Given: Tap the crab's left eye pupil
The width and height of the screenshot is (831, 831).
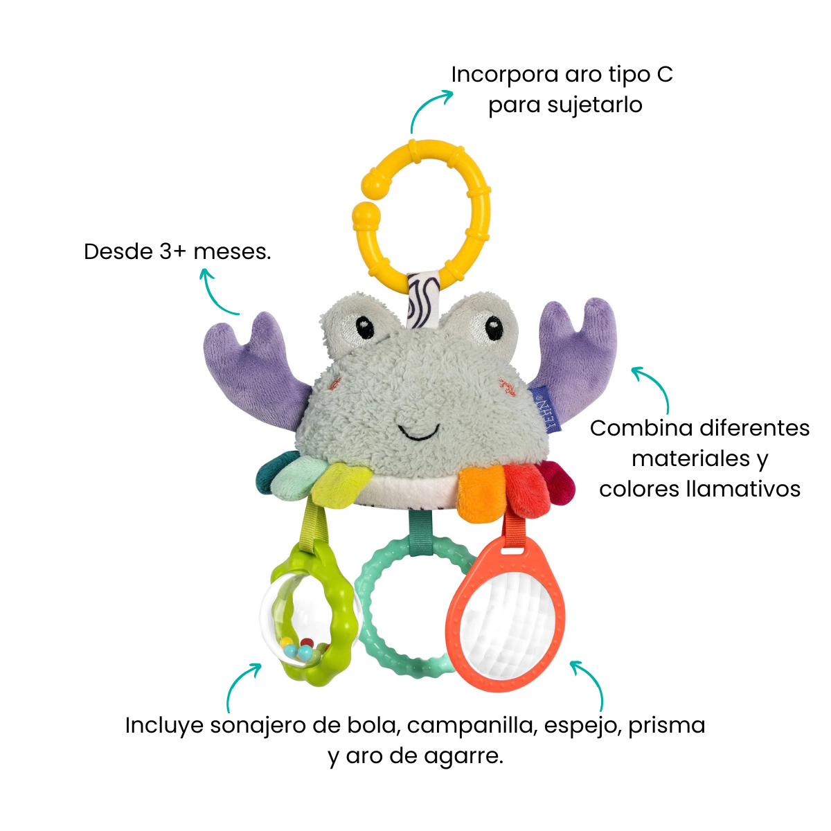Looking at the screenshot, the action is click(365, 328).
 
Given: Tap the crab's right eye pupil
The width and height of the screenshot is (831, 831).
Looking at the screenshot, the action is click(494, 328).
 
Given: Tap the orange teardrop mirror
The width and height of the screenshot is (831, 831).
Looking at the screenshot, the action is click(506, 618).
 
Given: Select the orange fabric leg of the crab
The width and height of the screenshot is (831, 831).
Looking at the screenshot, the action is click(480, 493).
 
